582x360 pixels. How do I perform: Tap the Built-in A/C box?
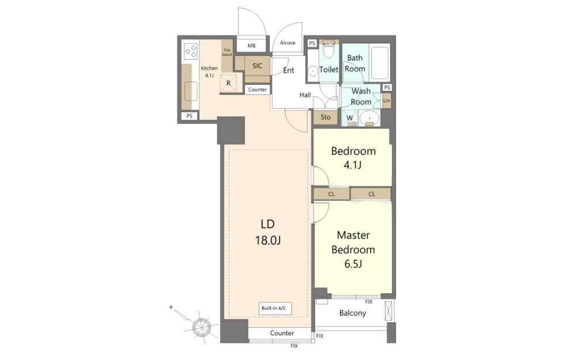[x=275, y=308]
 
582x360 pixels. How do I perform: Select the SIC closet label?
[x=257, y=66]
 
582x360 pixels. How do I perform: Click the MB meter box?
[x=251, y=46]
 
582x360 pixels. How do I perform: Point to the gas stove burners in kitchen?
[x=191, y=52]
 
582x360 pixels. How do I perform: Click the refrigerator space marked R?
[x=228, y=83]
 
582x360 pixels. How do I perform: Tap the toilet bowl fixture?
[x=328, y=50]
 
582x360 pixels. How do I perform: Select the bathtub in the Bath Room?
[x=379, y=62]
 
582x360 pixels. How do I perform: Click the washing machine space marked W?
[x=350, y=118]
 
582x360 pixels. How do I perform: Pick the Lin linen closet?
[x=387, y=101]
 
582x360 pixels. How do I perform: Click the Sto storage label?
[x=326, y=118]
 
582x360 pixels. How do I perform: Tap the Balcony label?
[x=353, y=313]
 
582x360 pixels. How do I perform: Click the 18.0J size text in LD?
[x=267, y=241]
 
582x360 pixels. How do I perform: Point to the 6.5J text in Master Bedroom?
[x=353, y=264]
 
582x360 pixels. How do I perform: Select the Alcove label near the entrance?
[x=288, y=43]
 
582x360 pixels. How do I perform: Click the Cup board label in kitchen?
[x=227, y=52]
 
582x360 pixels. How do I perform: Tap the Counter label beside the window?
[x=282, y=333]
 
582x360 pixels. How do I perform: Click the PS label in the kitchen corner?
[x=190, y=116]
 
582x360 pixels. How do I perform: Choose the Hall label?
[x=305, y=95]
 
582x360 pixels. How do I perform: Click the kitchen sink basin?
[x=191, y=92]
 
